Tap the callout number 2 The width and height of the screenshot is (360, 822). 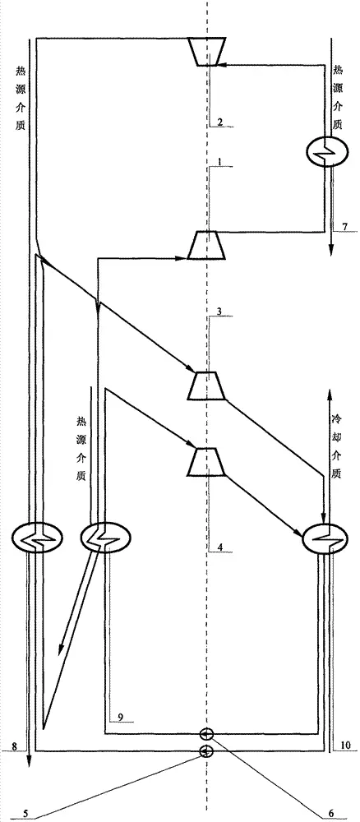point(220,122)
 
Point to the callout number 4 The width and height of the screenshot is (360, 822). point(220,547)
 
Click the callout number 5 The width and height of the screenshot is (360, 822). point(25,813)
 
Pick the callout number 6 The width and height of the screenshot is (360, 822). point(331,813)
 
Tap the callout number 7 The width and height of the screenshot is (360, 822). point(344,226)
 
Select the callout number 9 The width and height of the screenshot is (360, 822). point(122,716)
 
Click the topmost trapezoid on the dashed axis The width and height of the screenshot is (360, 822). point(207,51)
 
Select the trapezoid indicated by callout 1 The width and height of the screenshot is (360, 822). point(207,245)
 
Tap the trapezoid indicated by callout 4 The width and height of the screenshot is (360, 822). point(207,462)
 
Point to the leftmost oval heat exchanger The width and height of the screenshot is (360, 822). point(38,539)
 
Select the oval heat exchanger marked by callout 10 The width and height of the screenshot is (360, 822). point(325,539)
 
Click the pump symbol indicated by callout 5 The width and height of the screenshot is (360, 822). point(206,751)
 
